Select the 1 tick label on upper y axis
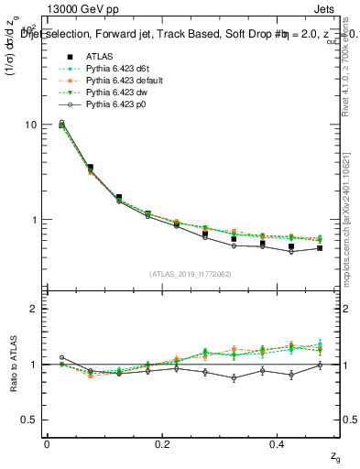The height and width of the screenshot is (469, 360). (x=36, y=220)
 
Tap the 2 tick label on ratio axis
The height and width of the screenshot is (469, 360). (x=36, y=309)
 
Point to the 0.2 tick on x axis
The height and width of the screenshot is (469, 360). (x=163, y=444)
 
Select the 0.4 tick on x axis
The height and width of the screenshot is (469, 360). (x=279, y=444)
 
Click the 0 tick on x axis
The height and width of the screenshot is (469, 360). (x=47, y=444)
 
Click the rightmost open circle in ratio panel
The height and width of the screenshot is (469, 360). (x=320, y=365)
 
